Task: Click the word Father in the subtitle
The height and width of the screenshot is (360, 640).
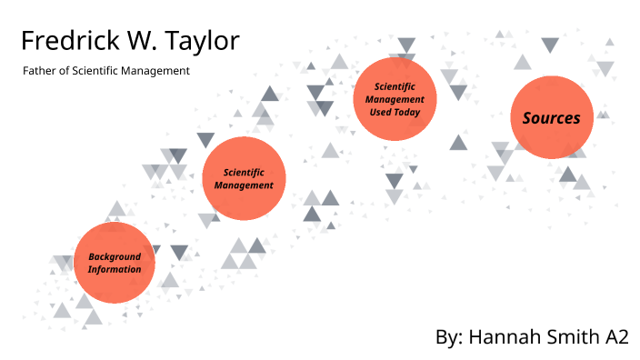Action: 39,71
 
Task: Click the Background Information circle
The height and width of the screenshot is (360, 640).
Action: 115,264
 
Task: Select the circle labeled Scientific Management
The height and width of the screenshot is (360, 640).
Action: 244,178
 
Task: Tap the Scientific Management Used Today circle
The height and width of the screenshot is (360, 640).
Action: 395,98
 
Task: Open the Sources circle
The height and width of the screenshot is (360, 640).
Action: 551,118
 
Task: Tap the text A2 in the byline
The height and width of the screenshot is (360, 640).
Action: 616,336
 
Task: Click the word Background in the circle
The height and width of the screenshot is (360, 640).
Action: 115,257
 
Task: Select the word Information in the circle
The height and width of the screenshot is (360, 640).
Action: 115,270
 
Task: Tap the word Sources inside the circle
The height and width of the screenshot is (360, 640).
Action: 551,118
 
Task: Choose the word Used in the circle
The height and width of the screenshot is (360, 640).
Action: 381,112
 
